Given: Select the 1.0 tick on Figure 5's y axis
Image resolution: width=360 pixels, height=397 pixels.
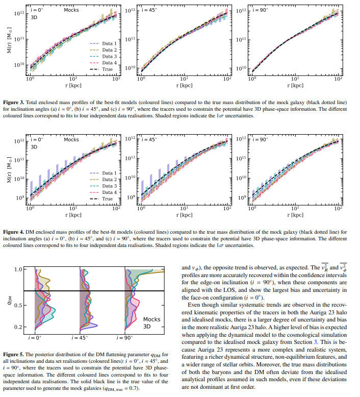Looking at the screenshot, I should (19, 269).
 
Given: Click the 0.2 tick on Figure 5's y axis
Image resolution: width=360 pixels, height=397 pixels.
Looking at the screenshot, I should (19, 327).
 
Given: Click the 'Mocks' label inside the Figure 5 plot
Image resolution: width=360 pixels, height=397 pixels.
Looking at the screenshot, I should (151, 319).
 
